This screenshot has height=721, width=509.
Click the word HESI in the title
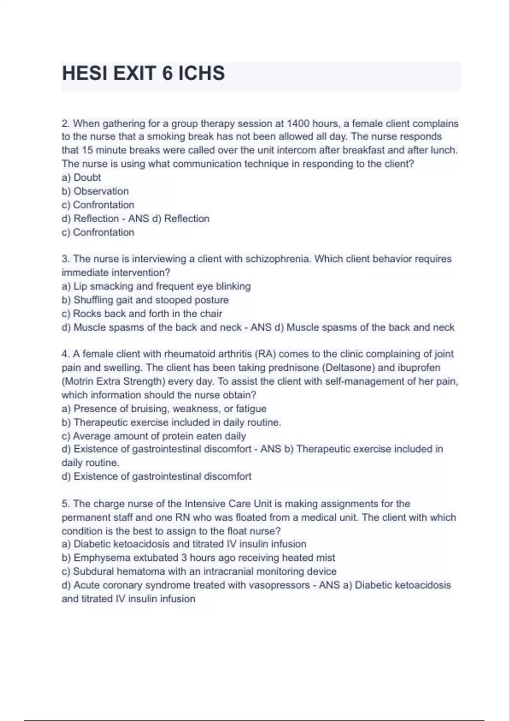[x=85, y=73]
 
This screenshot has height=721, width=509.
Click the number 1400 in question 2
[x=298, y=123]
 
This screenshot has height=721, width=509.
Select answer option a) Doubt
[x=81, y=177]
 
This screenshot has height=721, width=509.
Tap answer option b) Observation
[x=95, y=191]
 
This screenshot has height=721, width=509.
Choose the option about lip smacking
[x=156, y=286]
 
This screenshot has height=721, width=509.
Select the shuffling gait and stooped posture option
[x=145, y=300]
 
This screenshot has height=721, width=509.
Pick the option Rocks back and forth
[x=142, y=313]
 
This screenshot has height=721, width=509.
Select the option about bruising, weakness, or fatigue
[x=164, y=408]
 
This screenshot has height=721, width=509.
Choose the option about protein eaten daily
[x=154, y=436]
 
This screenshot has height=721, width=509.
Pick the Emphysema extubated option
[x=198, y=558]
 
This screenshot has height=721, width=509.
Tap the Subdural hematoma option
[x=199, y=571]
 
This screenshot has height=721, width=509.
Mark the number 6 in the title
[x=167, y=73]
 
